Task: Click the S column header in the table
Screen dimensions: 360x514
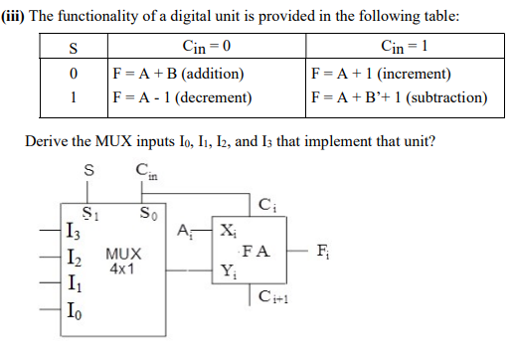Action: [71, 49]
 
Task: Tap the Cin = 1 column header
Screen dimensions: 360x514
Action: [399, 49]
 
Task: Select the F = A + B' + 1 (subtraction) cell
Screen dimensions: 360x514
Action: [399, 97]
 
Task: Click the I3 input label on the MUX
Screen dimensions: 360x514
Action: [72, 235]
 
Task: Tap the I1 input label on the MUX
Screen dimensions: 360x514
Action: [72, 289]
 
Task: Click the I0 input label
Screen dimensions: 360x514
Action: [72, 317]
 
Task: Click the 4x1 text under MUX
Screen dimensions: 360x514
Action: [123, 270]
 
